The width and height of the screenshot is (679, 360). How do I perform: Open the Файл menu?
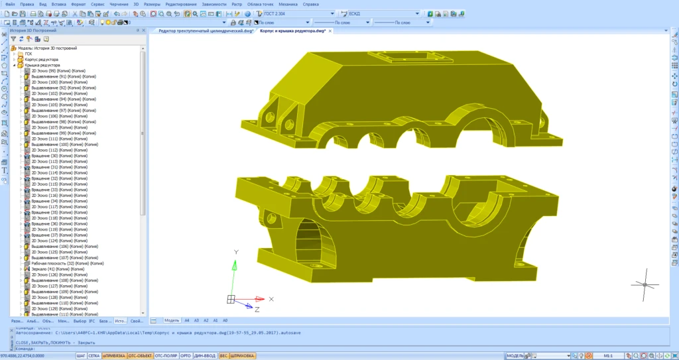pyautogui.click(x=9, y=4)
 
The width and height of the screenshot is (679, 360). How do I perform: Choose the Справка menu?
pyautogui.click(x=310, y=4)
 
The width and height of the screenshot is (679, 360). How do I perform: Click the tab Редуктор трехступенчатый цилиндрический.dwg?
pyautogui.click(x=206, y=30)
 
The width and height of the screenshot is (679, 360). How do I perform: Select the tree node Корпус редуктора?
pyautogui.click(x=41, y=60)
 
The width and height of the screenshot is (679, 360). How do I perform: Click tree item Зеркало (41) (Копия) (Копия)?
pyautogui.click(x=58, y=269)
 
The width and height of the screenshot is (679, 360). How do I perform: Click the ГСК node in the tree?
pyautogui.click(x=29, y=54)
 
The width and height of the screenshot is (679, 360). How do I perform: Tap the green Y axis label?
pyautogui.click(x=236, y=253)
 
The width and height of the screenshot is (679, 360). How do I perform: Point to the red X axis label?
pyautogui.click(x=271, y=299)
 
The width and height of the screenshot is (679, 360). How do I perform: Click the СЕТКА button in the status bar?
pyautogui.click(x=94, y=356)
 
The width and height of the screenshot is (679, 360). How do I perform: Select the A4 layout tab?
pyautogui.click(x=187, y=320)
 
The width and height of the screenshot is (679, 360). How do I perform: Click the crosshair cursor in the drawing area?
pyautogui.click(x=645, y=284)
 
